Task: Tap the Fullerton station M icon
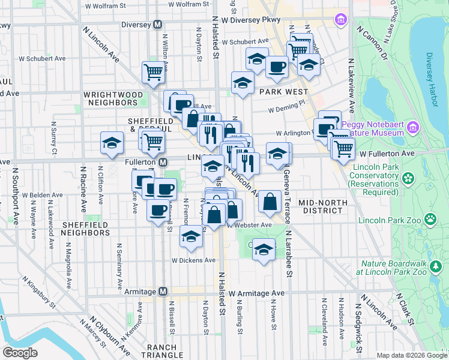tap(163, 163)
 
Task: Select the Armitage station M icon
tap(162, 292)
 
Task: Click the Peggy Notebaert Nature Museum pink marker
tap(412, 127)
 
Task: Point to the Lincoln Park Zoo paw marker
tap(429, 220)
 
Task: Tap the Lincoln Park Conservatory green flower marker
tap(408, 178)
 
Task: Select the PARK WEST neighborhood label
tap(283, 92)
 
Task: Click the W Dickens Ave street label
tap(193, 260)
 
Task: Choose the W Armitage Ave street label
tap(260, 293)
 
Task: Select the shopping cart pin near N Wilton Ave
tap(154, 71)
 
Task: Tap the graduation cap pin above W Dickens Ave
tap(191, 238)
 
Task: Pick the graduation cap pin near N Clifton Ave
tap(112, 143)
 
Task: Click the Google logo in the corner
tap(21, 352)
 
